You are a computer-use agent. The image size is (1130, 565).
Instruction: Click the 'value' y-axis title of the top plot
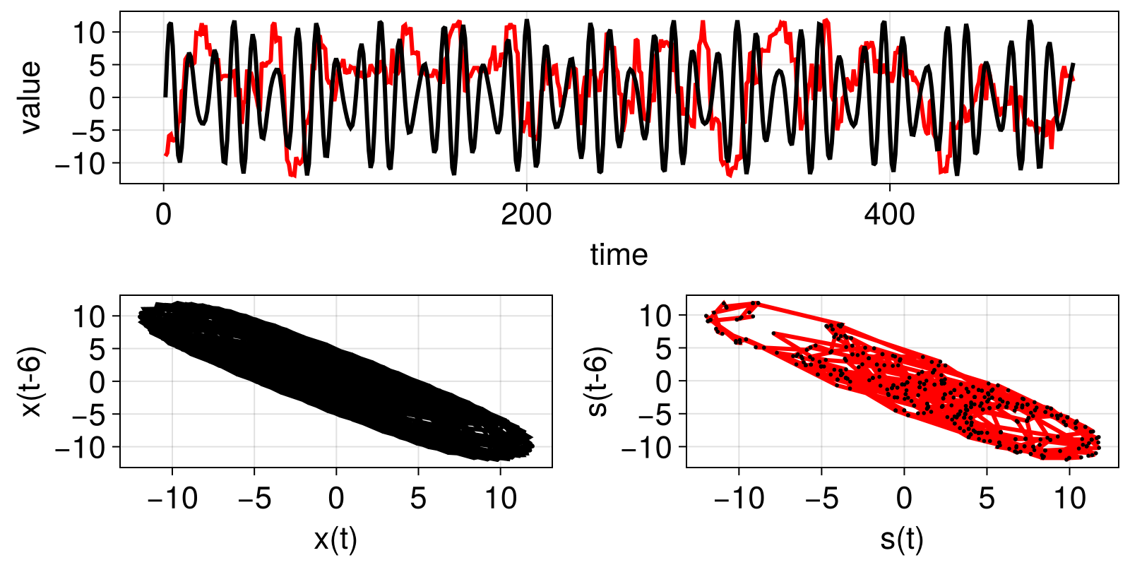[30, 97]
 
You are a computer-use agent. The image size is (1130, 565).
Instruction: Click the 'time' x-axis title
[619, 255]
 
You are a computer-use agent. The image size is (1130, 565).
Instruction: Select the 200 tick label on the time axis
[526, 215]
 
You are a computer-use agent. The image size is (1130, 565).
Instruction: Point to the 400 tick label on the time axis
[889, 215]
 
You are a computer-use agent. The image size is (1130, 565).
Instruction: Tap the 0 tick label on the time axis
[164, 215]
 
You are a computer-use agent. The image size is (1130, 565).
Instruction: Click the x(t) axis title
[335, 540]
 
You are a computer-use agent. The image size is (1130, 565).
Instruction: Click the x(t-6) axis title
[30, 381]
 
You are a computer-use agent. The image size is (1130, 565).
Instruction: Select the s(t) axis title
[902, 540]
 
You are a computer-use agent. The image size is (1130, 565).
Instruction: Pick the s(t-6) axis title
[597, 381]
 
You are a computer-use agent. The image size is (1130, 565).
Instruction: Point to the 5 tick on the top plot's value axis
[97, 65]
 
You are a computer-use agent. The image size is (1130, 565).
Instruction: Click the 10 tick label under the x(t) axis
[501, 499]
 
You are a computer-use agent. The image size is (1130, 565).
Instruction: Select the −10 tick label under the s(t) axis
[739, 499]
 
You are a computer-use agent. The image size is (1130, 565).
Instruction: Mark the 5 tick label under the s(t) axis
[987, 499]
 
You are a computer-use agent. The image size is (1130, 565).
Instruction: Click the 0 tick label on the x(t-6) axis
[97, 381]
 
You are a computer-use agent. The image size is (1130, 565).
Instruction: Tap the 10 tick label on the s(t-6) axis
[655, 316]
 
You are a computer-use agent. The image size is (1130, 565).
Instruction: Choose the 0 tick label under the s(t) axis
[904, 499]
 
